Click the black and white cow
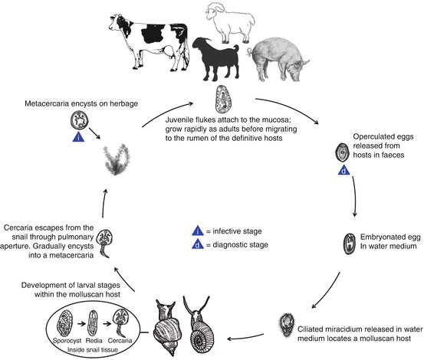point(149,41)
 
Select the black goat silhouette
point(216,60)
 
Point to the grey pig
point(278,60)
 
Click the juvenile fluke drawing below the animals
point(224,100)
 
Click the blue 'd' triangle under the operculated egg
point(343,170)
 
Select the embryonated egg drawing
point(350,244)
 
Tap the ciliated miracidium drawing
point(286,325)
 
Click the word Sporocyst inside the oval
point(67,341)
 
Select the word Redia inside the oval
point(94,341)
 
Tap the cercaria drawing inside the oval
point(120,323)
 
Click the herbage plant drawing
point(117,159)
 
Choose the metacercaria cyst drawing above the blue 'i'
point(80,121)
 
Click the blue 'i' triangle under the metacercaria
point(78,137)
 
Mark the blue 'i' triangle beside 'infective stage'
point(198,231)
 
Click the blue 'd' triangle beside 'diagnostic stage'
point(198,244)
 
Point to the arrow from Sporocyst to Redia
point(81,323)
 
